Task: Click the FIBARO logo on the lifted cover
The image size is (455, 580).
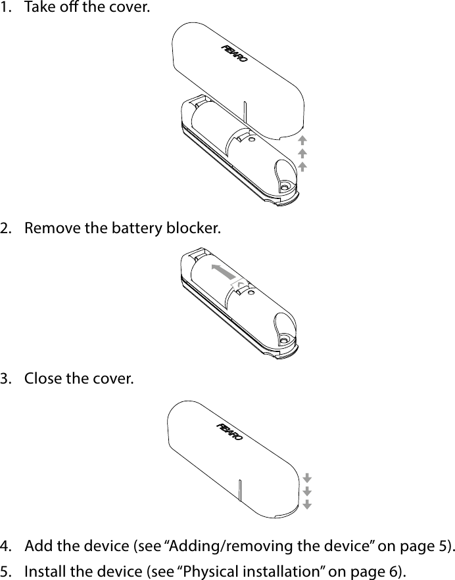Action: click(233, 54)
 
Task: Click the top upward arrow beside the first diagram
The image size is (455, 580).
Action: click(302, 140)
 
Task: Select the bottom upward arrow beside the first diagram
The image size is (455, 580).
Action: click(302, 166)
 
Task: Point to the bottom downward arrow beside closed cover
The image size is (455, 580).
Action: click(307, 504)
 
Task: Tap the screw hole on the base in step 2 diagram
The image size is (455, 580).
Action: click(284, 338)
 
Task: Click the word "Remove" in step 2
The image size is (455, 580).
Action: click(48, 229)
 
